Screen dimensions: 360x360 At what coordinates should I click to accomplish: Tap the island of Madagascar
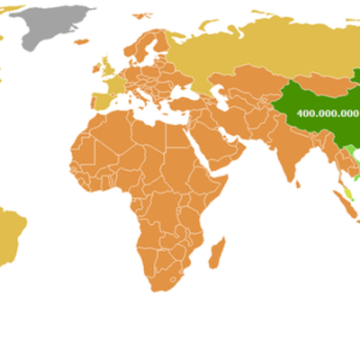tap(216, 251)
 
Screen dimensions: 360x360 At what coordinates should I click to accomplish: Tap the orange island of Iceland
tap(84, 44)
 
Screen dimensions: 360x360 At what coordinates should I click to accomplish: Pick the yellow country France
tap(118, 88)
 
